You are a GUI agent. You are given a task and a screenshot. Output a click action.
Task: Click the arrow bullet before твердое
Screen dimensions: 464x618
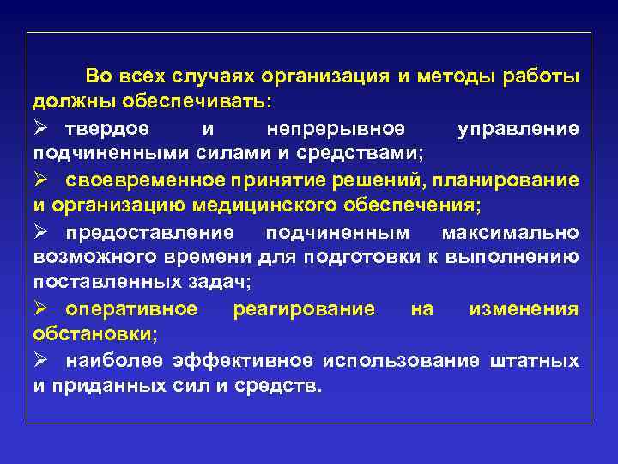tap(42, 127)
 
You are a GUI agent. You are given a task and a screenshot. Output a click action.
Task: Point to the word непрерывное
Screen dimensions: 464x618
tap(335, 128)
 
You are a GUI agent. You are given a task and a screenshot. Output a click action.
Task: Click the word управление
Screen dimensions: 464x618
tap(518, 128)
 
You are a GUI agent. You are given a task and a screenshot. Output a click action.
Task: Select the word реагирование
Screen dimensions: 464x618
tap(303, 308)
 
